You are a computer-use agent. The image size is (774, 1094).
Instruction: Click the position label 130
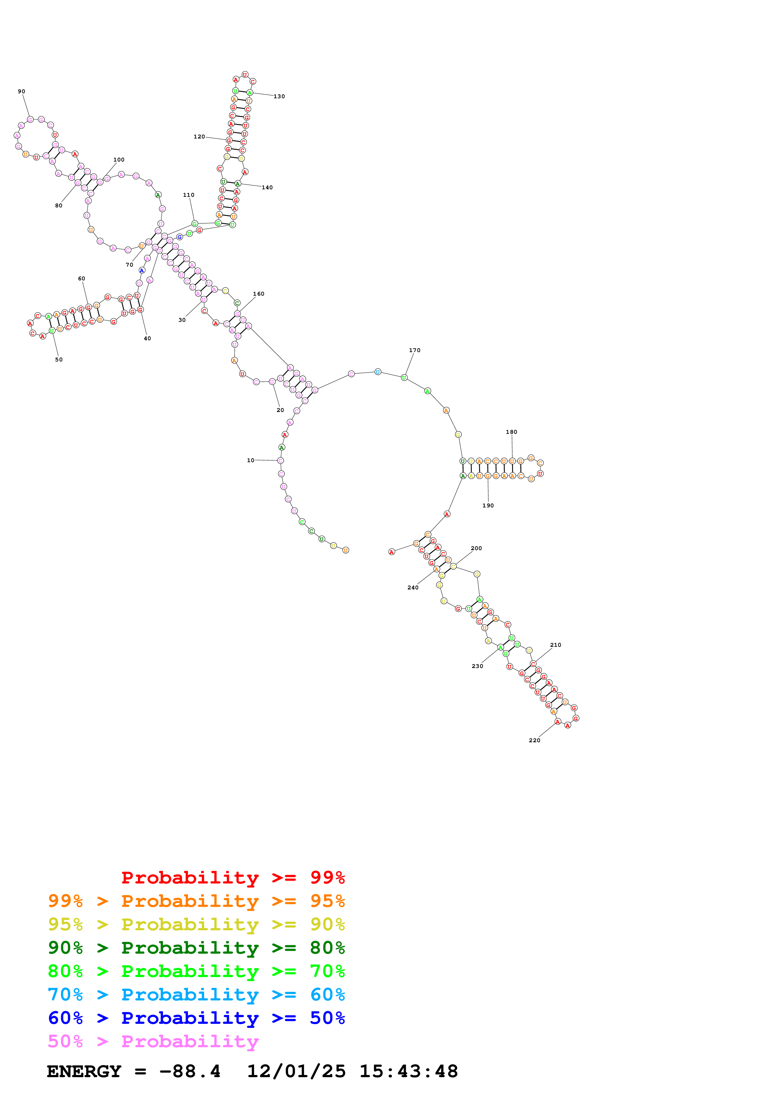279,96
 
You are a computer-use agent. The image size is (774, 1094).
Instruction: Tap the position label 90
22,91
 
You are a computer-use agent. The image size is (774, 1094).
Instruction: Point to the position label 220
534,740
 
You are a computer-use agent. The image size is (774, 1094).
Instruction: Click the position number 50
59,360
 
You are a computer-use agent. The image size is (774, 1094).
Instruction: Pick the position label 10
250,460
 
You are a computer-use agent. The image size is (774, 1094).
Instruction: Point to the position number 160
259,294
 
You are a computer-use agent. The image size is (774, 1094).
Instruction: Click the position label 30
182,320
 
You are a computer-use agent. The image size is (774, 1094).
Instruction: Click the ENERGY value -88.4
190,1071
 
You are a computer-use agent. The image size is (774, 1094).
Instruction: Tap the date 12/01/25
296,1071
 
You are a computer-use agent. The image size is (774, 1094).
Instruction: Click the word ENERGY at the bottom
84,1071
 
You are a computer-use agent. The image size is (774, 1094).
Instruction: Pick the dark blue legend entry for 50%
196,1018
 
